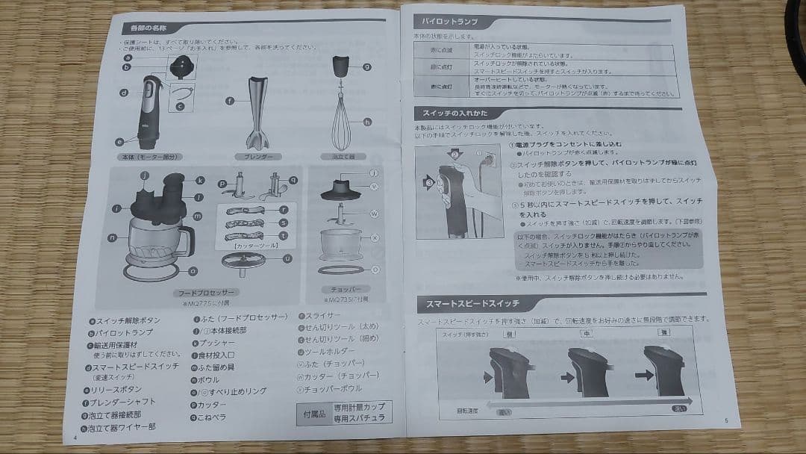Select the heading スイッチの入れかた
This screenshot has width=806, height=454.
click(455, 113)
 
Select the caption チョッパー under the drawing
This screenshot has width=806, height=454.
click(343, 287)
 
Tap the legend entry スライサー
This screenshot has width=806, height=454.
click(322, 317)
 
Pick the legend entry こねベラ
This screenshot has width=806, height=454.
click(213, 417)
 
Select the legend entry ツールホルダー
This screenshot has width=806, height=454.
click(332, 351)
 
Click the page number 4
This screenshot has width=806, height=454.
click(75, 438)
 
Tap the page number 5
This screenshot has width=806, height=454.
click(725, 421)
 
